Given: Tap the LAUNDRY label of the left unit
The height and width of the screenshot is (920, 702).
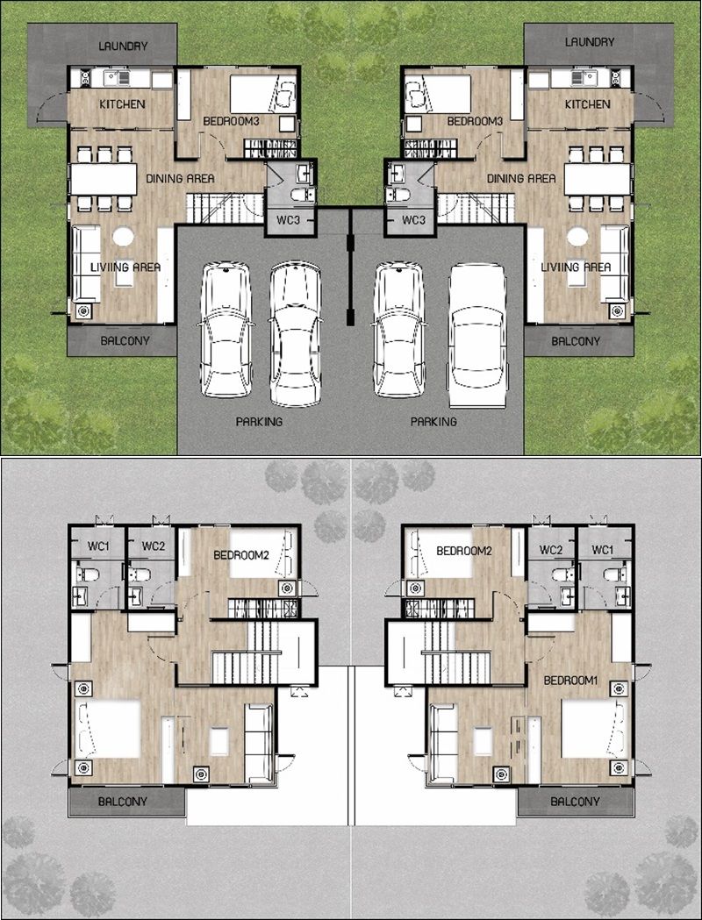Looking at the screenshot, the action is click(x=123, y=46).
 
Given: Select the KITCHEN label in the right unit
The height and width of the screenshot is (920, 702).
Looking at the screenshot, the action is click(x=588, y=104).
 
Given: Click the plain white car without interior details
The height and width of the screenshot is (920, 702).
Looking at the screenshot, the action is click(x=477, y=335).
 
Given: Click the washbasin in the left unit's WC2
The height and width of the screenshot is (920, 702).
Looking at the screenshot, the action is click(x=136, y=596).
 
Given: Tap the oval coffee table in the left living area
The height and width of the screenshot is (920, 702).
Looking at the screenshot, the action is click(x=123, y=237).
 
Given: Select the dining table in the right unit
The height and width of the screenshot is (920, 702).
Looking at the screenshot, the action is click(x=598, y=179).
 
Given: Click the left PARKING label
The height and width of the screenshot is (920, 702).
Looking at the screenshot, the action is click(x=259, y=421).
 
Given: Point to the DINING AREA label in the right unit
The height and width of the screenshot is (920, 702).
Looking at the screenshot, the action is click(x=521, y=178).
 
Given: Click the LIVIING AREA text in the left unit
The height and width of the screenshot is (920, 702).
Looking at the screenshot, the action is click(x=125, y=267).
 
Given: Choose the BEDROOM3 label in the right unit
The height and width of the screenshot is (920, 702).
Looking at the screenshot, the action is click(x=476, y=121).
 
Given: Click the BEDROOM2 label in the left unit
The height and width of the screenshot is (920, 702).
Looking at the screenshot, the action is click(x=241, y=555).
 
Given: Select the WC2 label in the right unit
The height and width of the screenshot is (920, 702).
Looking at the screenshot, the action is click(x=551, y=550).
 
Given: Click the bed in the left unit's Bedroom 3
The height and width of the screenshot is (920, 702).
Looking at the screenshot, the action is click(x=263, y=94).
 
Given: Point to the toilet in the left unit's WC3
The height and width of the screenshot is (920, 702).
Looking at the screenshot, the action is click(x=304, y=195).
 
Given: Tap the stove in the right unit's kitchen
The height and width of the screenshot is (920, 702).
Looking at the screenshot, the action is click(x=616, y=78).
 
